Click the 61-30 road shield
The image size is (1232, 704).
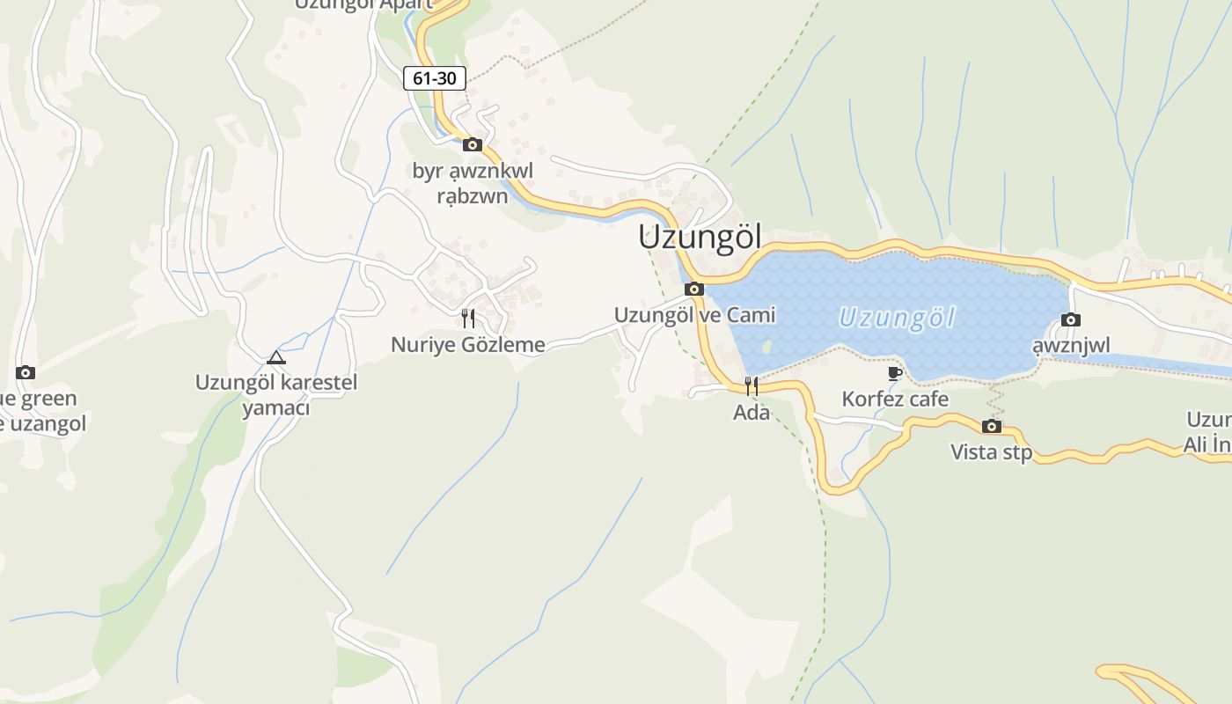pyautogui.click(x=435, y=78)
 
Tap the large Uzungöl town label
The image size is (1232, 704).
pyautogui.click(x=700, y=238)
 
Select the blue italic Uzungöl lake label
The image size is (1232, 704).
pyautogui.click(x=896, y=318)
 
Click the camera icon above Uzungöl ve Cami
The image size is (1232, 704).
pyautogui.click(x=694, y=289)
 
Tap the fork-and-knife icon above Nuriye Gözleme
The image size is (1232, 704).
pyautogui.click(x=468, y=318)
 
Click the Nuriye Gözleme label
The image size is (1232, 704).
pyautogui.click(x=468, y=345)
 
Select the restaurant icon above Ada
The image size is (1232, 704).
pyautogui.click(x=752, y=385)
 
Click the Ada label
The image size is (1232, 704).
pyautogui.click(x=752, y=412)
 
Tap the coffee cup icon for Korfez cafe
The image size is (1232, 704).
pyautogui.click(x=895, y=373)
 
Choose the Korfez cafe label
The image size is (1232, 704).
pyautogui.click(x=895, y=400)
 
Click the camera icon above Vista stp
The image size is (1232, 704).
pyautogui.click(x=992, y=427)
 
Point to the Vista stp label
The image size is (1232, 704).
pyautogui.click(x=992, y=452)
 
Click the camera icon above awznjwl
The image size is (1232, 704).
pyautogui.click(x=1071, y=320)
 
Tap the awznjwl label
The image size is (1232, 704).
pyautogui.click(x=1071, y=346)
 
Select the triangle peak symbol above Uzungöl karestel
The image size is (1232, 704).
pyautogui.click(x=276, y=357)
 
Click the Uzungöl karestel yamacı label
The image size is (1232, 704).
pyautogui.click(x=276, y=395)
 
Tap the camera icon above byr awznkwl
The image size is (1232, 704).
pyautogui.click(x=473, y=144)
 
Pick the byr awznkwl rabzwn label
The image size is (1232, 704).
pyautogui.click(x=473, y=183)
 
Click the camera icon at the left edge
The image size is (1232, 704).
pyautogui.click(x=26, y=373)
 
